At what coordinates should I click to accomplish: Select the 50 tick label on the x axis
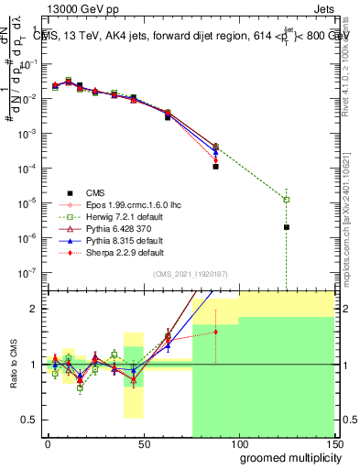pyautogui.click(x=144, y=443)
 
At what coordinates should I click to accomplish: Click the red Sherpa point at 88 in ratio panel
pyautogui.click(x=216, y=332)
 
